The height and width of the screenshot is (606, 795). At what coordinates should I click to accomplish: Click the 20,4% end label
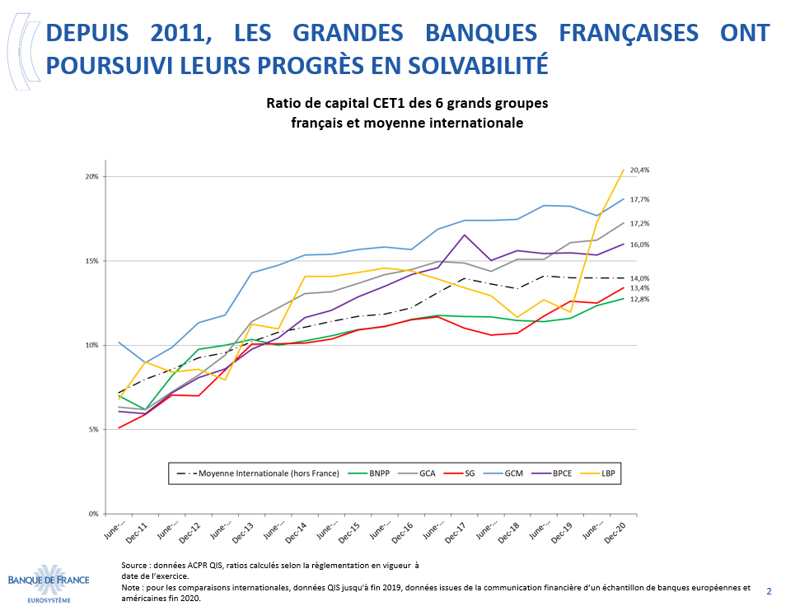click(639, 170)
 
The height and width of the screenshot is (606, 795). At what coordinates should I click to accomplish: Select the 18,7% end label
click(639, 199)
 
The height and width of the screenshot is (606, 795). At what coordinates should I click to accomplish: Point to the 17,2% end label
click(639, 224)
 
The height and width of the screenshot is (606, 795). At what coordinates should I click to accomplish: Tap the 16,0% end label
click(639, 245)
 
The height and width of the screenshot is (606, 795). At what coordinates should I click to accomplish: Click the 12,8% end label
click(639, 300)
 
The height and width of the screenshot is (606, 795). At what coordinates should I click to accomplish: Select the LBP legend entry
click(606, 474)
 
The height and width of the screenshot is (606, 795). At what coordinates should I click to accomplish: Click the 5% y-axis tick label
click(93, 430)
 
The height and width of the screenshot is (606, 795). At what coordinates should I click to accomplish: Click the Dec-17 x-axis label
click(457, 534)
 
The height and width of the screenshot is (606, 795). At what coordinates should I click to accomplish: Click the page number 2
click(769, 591)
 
